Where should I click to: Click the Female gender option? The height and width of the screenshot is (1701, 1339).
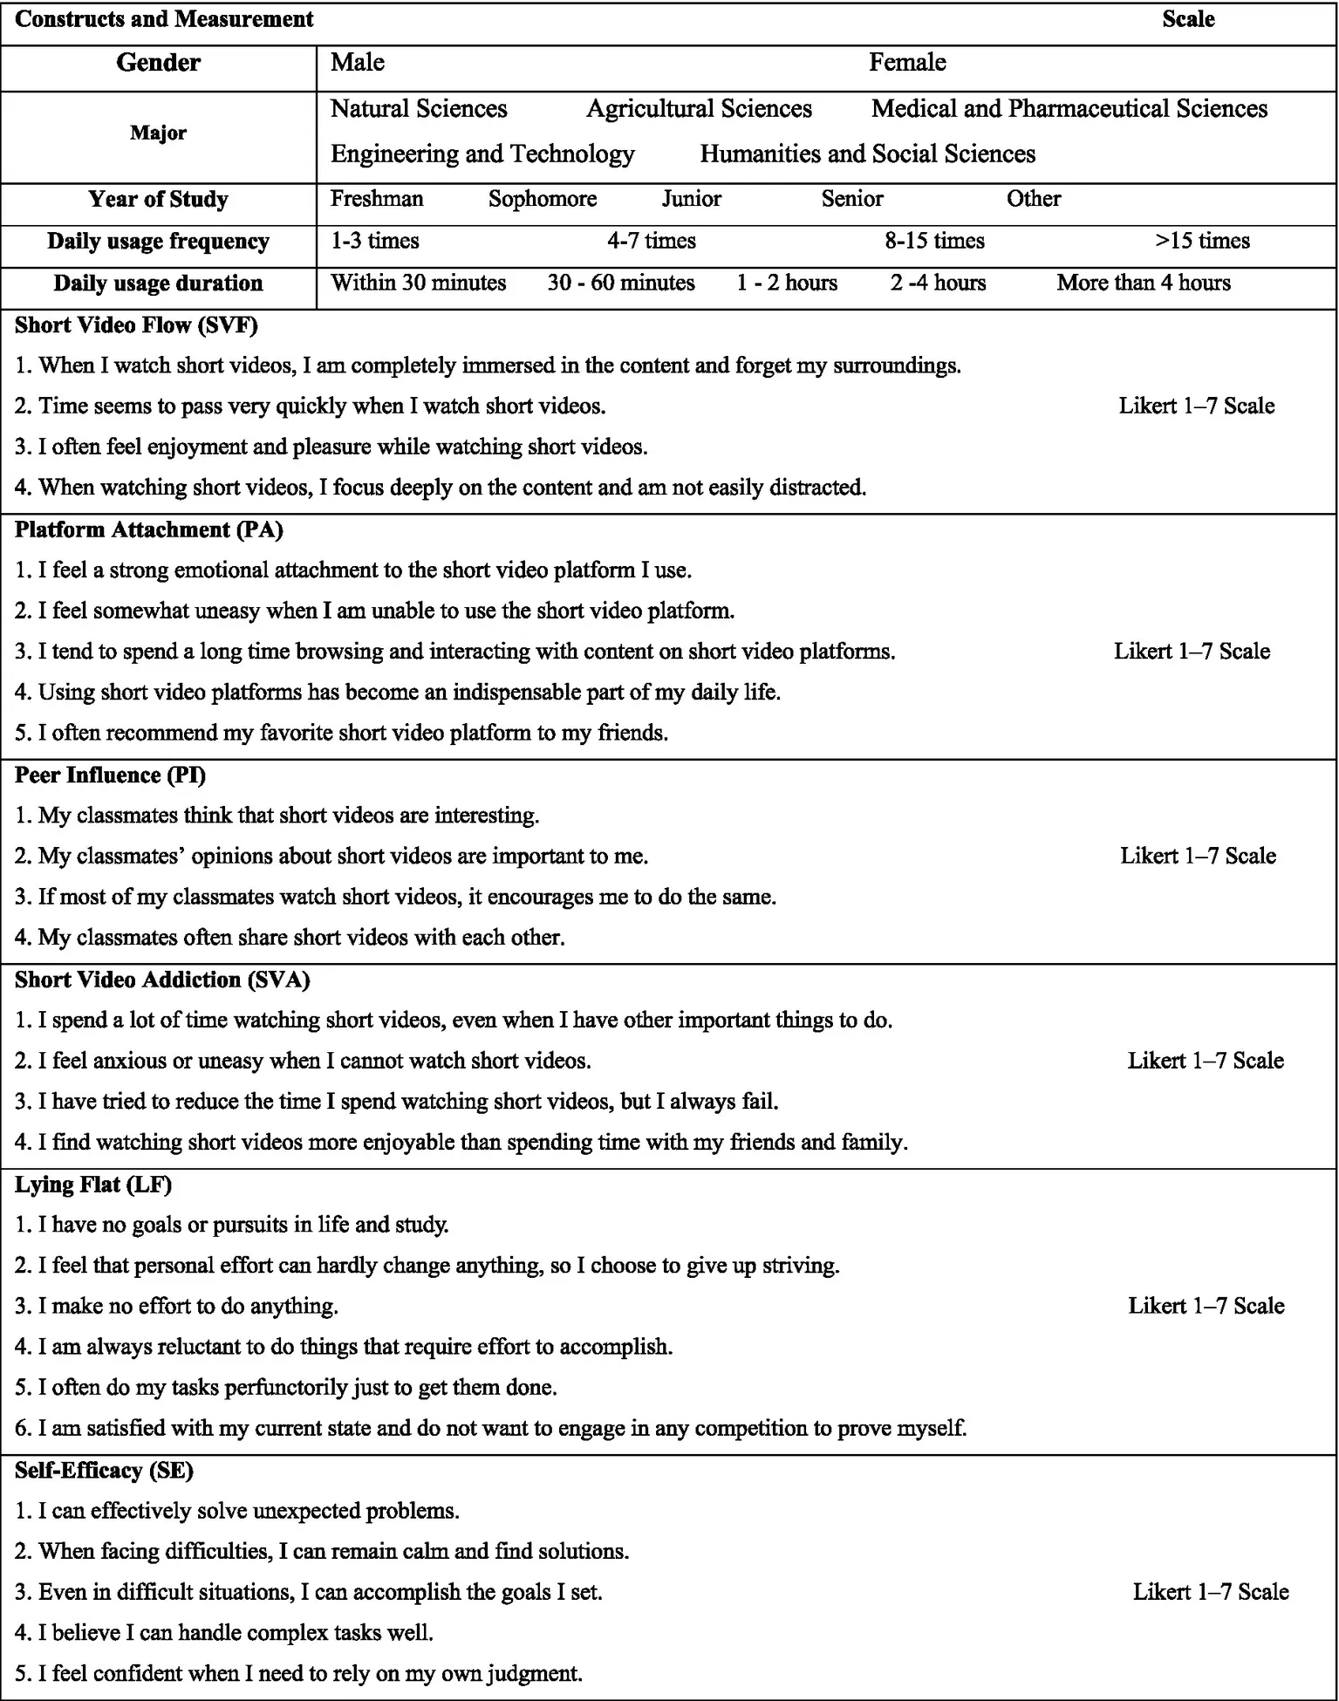point(907,63)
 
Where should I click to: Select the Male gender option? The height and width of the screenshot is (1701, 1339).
point(358,63)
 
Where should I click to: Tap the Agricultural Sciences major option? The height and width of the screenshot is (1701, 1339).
point(699,109)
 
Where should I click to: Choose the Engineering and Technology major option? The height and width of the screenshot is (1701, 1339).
point(482,154)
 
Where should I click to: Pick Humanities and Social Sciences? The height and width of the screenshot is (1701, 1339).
point(868,154)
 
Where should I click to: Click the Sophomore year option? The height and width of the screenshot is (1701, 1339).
point(543,199)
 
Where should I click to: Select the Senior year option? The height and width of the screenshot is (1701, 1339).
point(852,199)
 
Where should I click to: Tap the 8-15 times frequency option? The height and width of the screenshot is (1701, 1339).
point(934,241)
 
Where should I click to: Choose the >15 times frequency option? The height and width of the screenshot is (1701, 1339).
point(1203,241)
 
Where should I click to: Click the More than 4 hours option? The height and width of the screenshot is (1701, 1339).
point(1144,283)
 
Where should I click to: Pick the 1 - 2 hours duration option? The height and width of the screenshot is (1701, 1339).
point(787,283)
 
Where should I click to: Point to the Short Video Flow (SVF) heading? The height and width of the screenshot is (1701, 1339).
point(136,325)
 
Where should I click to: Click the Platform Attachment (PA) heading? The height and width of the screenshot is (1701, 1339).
point(149,529)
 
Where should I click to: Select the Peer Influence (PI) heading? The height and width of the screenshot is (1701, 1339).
point(111,775)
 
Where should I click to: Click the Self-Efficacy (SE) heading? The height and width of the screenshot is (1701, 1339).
point(104,1471)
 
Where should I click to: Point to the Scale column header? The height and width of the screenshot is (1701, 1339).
point(1188,20)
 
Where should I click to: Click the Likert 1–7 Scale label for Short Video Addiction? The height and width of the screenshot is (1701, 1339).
point(1206,1061)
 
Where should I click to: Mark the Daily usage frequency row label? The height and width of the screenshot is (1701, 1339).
point(158,242)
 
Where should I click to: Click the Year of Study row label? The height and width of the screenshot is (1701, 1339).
point(158,200)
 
